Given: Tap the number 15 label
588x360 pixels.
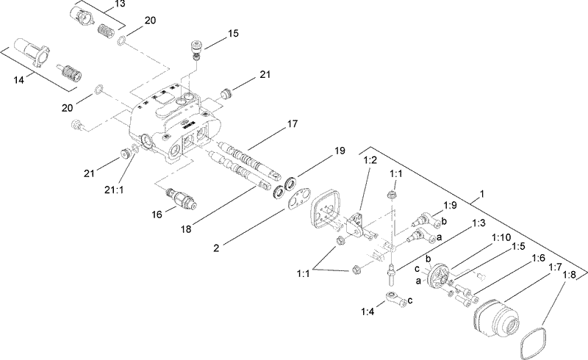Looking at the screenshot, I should tap(233, 34).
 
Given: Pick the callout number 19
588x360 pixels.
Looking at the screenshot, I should tap(340, 151).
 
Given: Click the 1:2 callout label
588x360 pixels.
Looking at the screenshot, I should tap(370, 159).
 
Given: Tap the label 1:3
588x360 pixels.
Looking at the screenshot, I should tap(478, 223).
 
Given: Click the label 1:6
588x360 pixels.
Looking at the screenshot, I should tap(537, 258).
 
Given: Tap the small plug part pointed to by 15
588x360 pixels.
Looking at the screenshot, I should tap(196, 48).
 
